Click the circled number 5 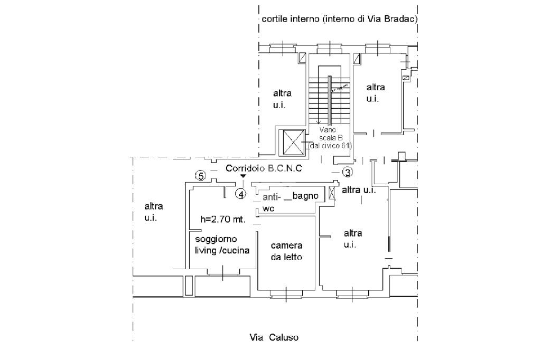200,175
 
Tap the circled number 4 241,194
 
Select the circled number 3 347,172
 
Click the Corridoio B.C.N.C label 264,168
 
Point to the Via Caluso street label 274,337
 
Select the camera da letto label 286,251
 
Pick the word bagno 305,195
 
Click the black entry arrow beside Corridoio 242,176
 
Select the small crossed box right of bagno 332,192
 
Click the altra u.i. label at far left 154,212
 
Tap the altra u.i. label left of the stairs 282,99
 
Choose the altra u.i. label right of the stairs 376,92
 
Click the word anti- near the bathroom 272,198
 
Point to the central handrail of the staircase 330,100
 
